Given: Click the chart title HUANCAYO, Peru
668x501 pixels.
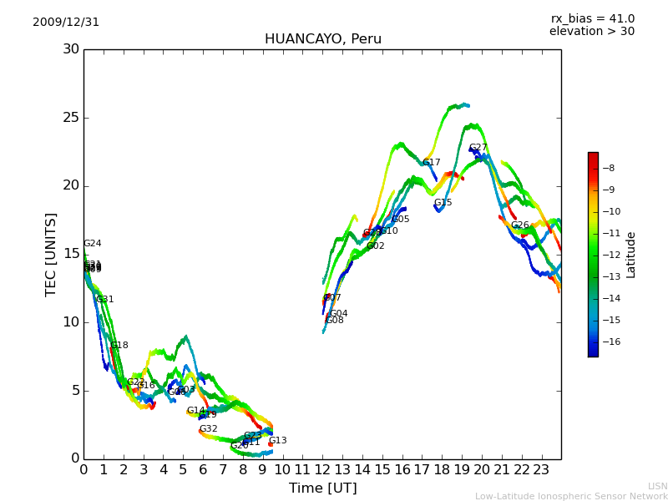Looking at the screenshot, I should (x=322, y=39).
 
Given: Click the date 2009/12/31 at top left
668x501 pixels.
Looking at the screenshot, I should (x=66, y=23).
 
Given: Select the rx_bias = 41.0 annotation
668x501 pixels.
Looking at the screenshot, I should (x=592, y=19).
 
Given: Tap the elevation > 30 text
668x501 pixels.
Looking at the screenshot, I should (x=591, y=32).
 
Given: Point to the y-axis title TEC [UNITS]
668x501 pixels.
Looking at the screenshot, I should (x=51, y=254).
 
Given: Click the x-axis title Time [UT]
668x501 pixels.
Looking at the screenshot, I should (x=322, y=488).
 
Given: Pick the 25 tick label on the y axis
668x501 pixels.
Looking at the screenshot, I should (x=69, y=118).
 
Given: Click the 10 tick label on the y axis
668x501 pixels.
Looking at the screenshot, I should (x=69, y=322).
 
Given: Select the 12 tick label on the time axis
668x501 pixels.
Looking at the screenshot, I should (x=322, y=469).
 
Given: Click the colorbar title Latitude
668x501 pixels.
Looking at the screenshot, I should (x=631, y=255).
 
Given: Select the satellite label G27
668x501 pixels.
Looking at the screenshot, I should (x=478, y=148).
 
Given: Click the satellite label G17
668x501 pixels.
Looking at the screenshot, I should (x=431, y=163).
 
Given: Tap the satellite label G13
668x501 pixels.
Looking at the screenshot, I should (x=277, y=441).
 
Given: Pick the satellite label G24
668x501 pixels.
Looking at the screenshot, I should (x=92, y=244).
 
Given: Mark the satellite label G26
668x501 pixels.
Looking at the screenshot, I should (x=519, y=225).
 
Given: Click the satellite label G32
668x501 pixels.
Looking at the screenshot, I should (x=208, y=429).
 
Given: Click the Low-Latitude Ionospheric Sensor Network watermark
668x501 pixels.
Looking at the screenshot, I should (x=571, y=496).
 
